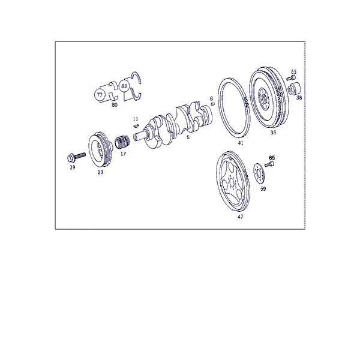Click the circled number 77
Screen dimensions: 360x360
point(100,95)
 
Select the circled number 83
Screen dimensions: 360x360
point(124,86)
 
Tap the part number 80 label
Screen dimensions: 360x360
point(115,105)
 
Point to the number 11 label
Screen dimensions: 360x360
point(136,119)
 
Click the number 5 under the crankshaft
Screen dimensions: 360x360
point(188,137)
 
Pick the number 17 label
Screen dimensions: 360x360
point(123,154)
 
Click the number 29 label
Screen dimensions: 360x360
point(73,167)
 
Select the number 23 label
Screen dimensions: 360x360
point(101,172)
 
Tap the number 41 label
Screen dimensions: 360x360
point(241,143)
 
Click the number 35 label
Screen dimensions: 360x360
point(273,133)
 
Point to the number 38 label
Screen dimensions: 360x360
point(299,98)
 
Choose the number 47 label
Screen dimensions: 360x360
point(241,217)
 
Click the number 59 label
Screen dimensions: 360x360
point(263,189)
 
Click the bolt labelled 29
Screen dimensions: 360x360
point(76,157)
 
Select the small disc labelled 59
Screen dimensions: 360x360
point(259,174)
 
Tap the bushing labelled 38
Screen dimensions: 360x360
point(295,88)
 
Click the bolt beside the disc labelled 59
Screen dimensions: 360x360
point(269,164)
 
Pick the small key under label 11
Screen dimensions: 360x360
point(136,125)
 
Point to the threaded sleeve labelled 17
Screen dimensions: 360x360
point(122,143)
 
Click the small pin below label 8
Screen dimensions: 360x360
point(213,104)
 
